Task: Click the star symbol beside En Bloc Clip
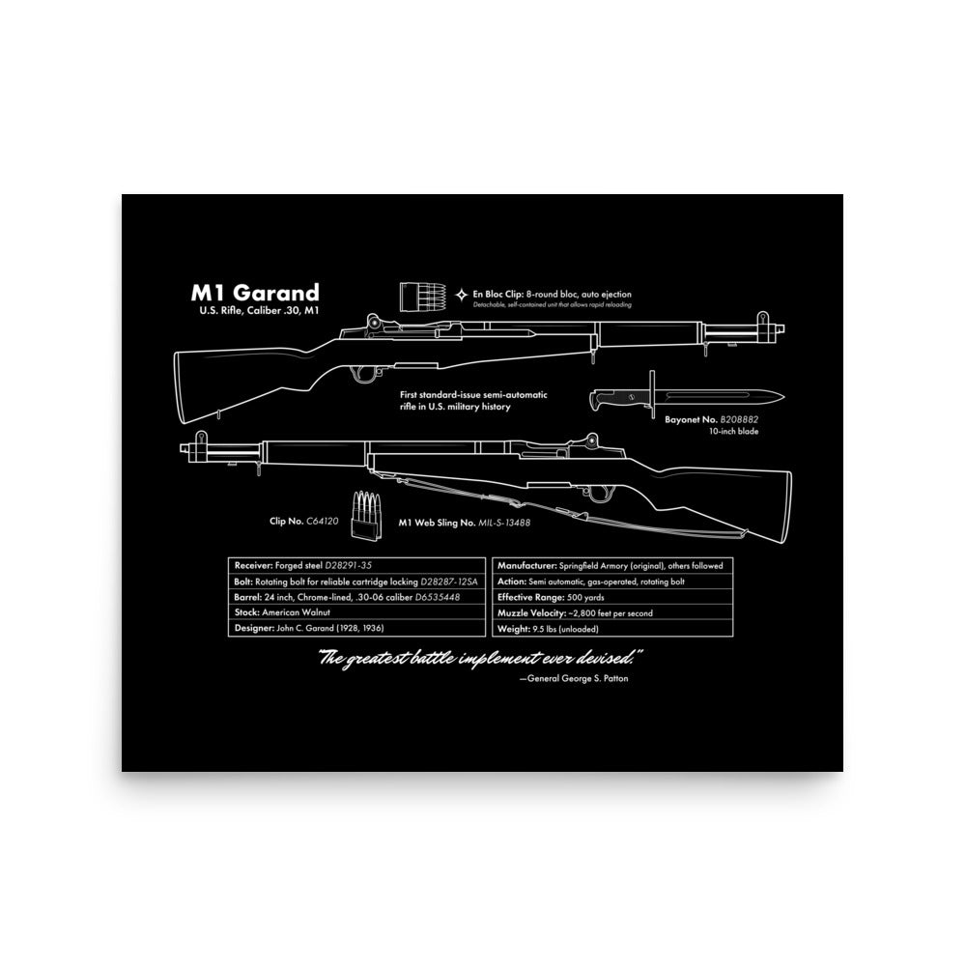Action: [462, 294]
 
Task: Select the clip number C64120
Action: [325, 522]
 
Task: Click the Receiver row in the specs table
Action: [355, 565]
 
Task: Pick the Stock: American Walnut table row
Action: [355, 612]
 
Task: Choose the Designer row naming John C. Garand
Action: [355, 629]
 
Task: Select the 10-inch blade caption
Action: [733, 431]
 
